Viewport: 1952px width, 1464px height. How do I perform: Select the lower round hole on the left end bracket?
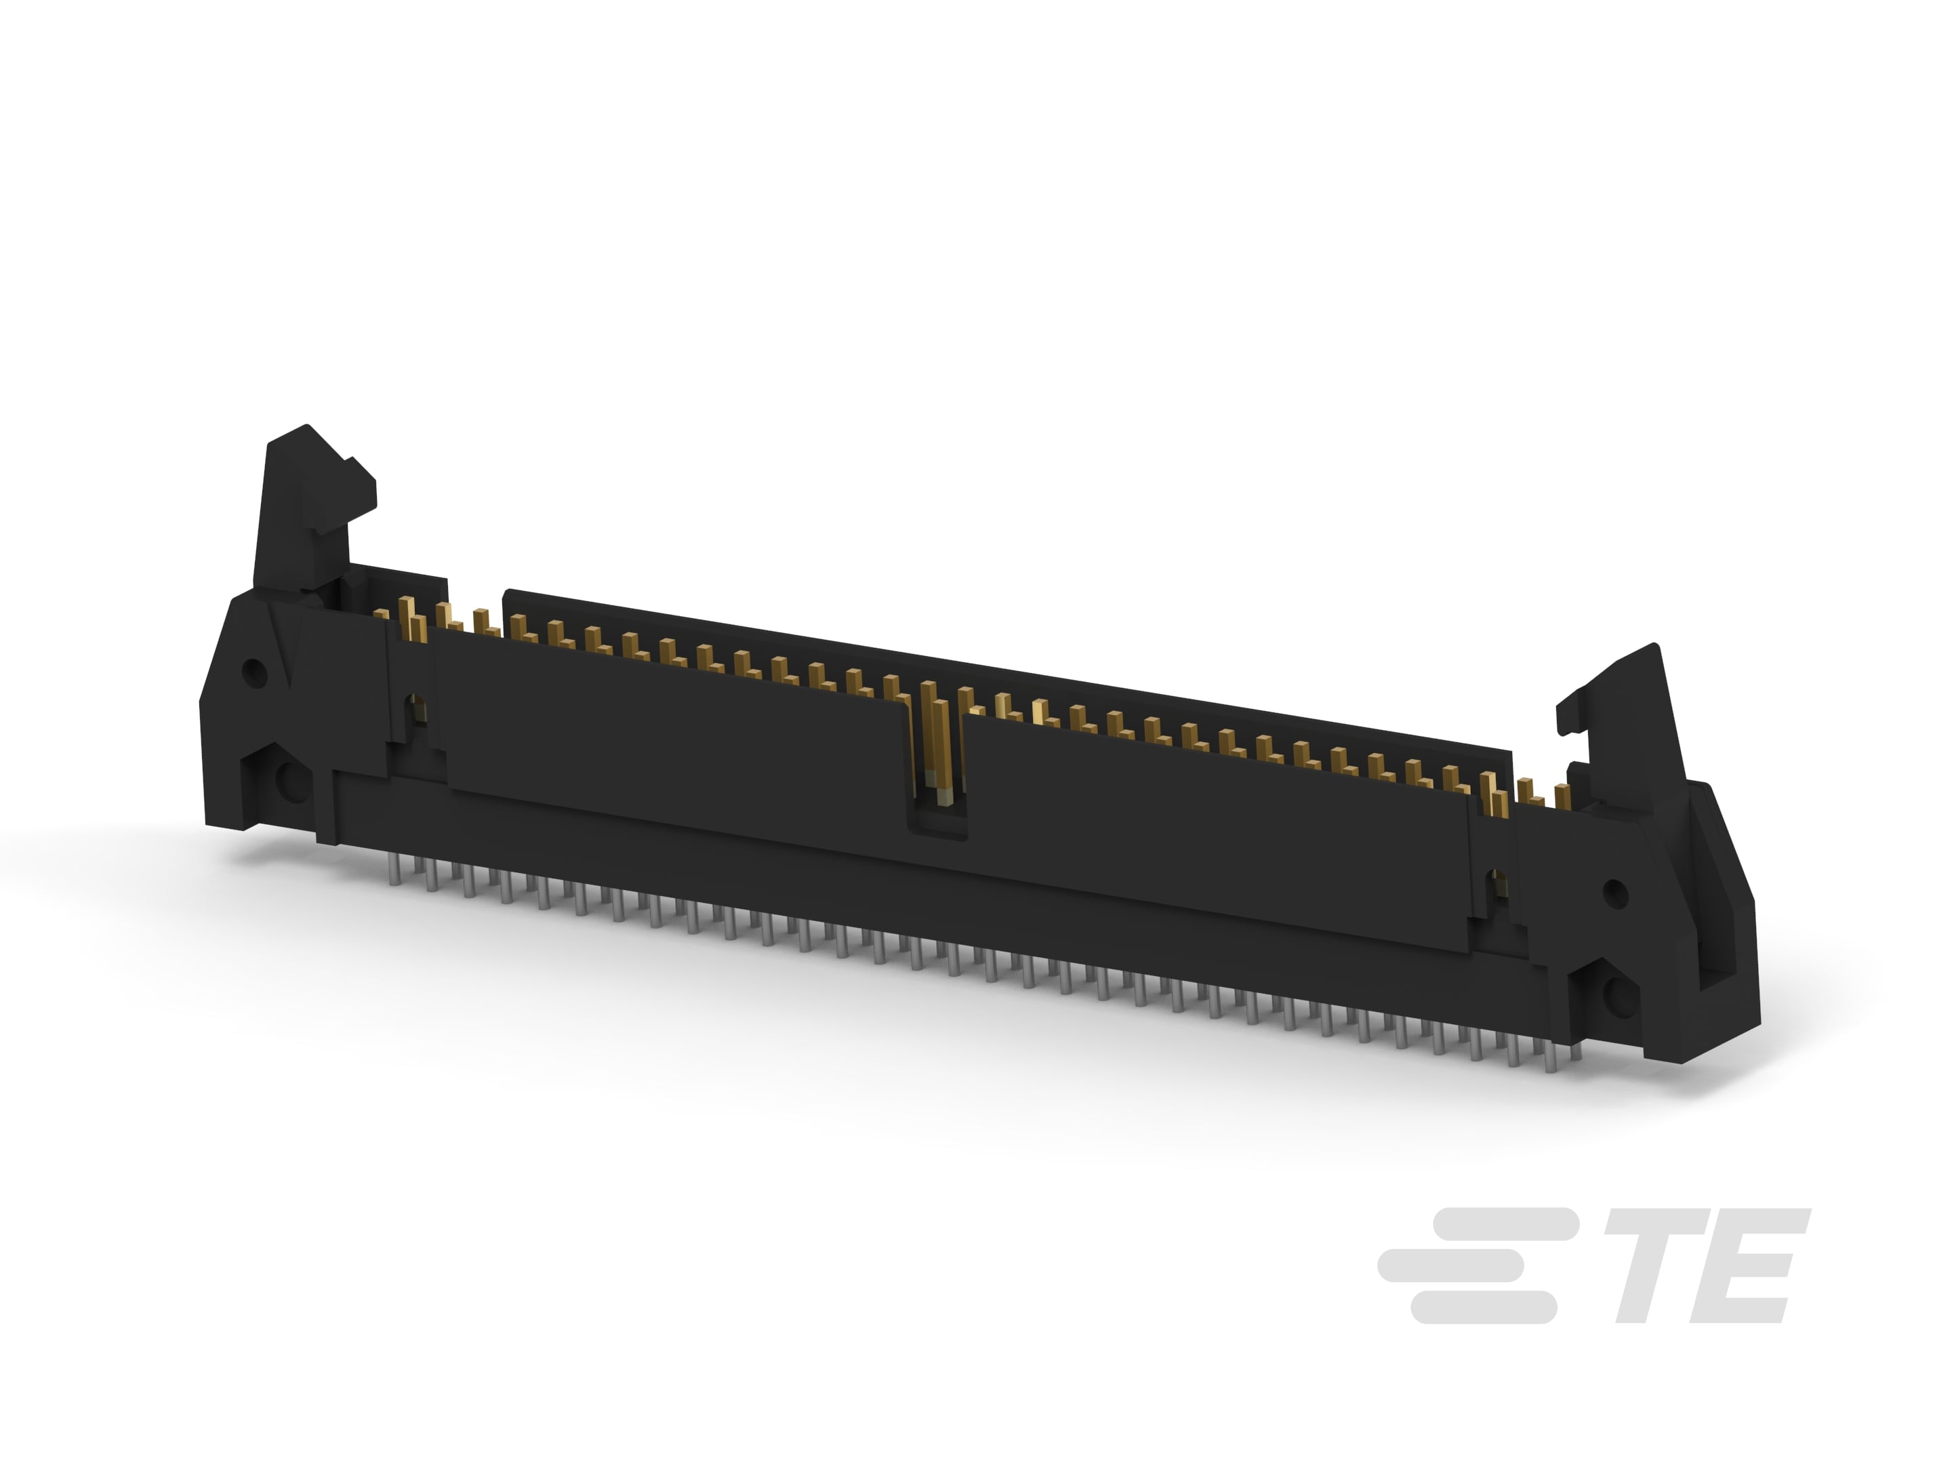(x=289, y=780)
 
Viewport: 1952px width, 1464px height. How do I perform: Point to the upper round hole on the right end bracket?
(x=1615, y=895)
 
